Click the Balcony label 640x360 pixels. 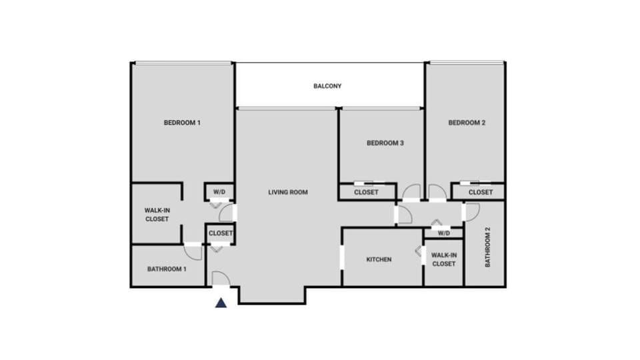click(x=327, y=86)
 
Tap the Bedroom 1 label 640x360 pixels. click(x=182, y=123)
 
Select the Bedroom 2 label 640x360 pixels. click(x=467, y=123)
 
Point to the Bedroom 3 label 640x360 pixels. click(x=385, y=143)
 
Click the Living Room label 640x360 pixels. click(x=288, y=193)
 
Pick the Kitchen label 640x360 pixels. click(x=379, y=259)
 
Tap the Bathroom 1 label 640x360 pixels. click(x=167, y=269)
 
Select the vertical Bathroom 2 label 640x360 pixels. click(x=487, y=247)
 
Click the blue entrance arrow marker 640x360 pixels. click(x=221, y=303)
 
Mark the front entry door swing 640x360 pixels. click(x=221, y=279)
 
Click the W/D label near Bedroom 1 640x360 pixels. click(x=219, y=193)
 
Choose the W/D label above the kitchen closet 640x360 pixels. click(x=443, y=233)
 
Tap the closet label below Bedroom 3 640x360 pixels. click(x=366, y=193)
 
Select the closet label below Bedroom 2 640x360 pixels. click(x=480, y=193)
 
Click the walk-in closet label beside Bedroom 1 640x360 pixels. click(x=157, y=214)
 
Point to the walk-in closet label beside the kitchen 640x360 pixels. click(x=443, y=259)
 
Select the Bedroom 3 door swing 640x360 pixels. click(x=411, y=192)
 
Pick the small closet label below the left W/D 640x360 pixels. click(x=221, y=233)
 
